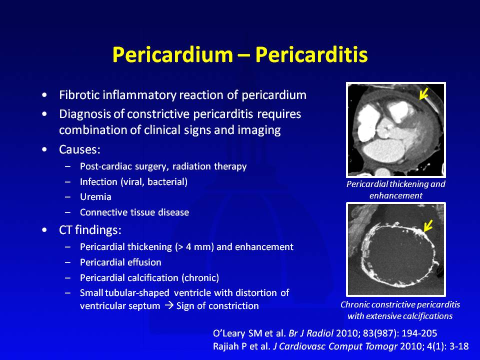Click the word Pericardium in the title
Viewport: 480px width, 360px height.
[x=172, y=54]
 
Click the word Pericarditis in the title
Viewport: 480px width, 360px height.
[x=311, y=54]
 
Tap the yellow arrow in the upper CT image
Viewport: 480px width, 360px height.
[x=423, y=93]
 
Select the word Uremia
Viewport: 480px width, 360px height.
[x=95, y=197]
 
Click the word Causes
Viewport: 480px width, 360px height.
[x=79, y=149]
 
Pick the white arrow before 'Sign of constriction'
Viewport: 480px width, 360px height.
[x=169, y=306]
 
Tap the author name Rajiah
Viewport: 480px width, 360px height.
[x=226, y=346]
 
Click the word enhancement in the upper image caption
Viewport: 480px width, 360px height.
[x=396, y=195]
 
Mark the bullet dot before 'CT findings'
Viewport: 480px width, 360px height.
[x=44, y=230]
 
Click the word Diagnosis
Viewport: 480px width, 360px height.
[x=85, y=114]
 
